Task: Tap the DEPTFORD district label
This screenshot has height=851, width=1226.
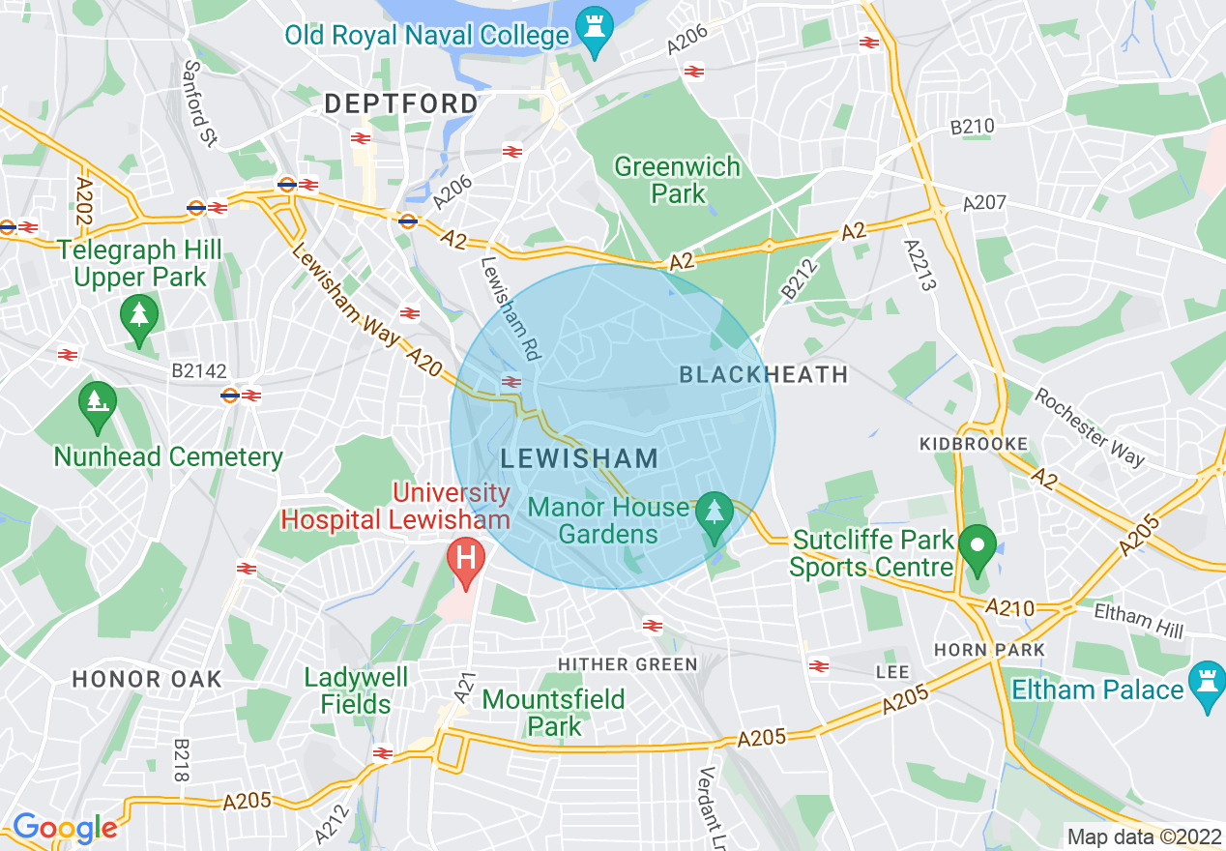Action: pos(401,103)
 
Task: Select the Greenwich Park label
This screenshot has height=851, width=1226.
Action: pos(677,180)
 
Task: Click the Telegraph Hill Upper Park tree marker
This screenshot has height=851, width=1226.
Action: pos(139,317)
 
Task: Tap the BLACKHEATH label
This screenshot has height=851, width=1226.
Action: pos(763,374)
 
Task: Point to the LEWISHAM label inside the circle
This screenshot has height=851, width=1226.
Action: pos(579,459)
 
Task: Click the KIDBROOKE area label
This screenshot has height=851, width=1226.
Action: pos(973,444)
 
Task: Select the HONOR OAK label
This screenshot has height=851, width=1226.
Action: pos(147,679)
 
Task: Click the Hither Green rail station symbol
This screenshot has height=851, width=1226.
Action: pos(653,626)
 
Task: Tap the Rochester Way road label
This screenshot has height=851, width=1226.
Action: pos(1090,426)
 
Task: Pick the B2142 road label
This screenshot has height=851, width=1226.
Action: pos(200,370)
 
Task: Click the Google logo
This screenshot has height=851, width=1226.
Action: pos(64,828)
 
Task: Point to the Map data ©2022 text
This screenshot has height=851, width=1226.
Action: pos(1142,836)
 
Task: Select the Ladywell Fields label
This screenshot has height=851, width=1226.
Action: pos(356,690)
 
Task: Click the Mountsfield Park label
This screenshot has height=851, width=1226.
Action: pos(554,712)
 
